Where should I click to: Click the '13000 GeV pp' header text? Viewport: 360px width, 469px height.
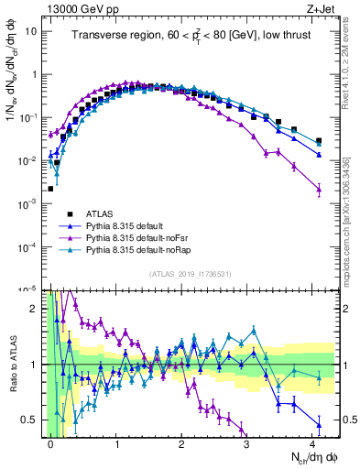[85, 7]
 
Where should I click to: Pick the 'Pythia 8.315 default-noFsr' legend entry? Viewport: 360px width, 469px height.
[141, 235]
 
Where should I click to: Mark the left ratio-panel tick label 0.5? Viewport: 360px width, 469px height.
[28, 420]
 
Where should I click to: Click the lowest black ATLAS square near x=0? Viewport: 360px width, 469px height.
[51, 189]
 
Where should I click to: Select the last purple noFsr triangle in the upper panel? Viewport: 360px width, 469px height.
[319, 190]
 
